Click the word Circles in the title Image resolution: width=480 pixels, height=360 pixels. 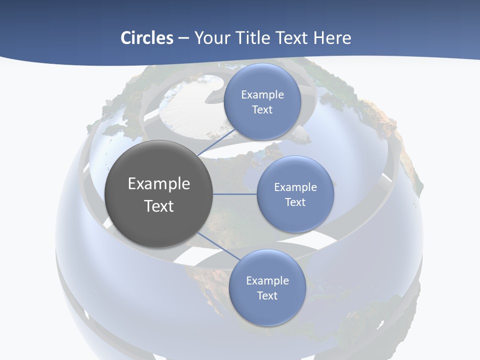tap(147, 38)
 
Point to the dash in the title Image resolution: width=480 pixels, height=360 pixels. tap(183, 38)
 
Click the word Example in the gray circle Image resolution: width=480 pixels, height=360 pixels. tap(159, 184)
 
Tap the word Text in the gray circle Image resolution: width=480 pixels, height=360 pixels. tap(159, 206)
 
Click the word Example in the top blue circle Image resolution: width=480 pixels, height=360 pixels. tap(262, 94)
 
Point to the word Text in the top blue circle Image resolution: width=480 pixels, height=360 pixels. tap(262, 109)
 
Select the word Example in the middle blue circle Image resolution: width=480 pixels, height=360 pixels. tap(295, 187)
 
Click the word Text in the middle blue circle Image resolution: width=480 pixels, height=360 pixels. tap(295, 202)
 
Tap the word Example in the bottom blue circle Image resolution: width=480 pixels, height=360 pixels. tap(267, 280)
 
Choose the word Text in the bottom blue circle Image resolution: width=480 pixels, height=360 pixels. tap(267, 295)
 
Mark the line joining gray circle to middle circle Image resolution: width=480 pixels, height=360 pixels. tap(235, 194)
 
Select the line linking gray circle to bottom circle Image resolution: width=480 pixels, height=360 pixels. tap(218, 246)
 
